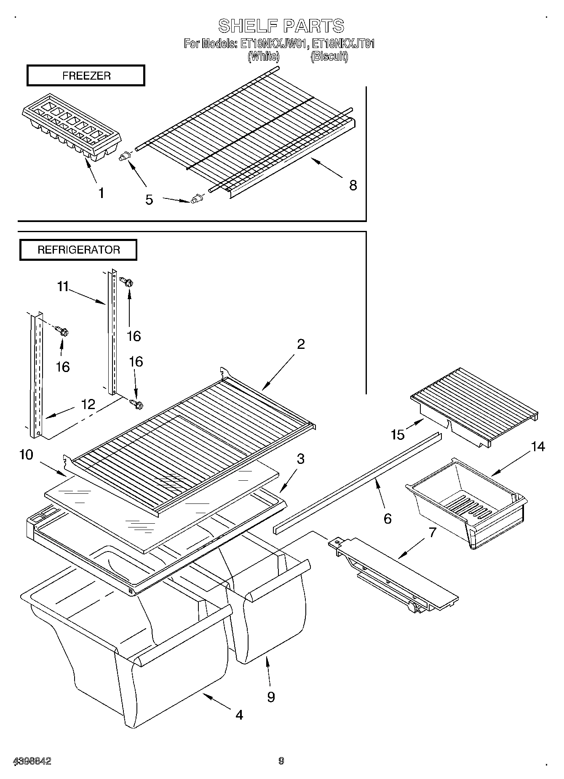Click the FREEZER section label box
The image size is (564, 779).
(86, 75)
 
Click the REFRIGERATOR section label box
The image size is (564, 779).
(78, 250)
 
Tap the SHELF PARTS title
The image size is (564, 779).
(281, 26)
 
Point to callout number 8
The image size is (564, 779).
(353, 185)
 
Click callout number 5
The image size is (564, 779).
(149, 200)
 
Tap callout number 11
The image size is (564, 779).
(63, 287)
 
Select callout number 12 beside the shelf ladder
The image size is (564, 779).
(88, 404)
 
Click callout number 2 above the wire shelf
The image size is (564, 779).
(300, 344)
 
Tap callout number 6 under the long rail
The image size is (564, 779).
(388, 519)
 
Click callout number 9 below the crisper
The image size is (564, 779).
(271, 697)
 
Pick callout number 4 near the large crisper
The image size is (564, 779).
(239, 715)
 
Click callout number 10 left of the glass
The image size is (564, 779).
(26, 455)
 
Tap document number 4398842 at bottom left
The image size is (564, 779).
(32, 761)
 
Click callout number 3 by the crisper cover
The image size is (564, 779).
(300, 459)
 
